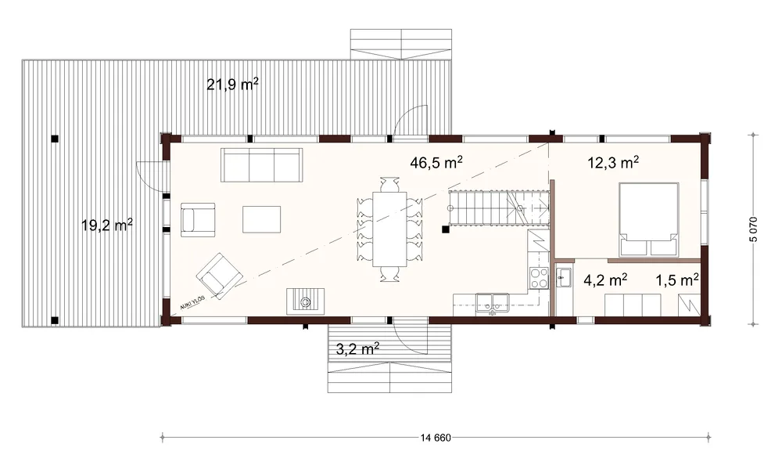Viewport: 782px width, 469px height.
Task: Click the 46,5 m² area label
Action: (436, 162)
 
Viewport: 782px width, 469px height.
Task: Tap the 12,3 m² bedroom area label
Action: (613, 162)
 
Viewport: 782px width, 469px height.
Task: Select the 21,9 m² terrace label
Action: (232, 85)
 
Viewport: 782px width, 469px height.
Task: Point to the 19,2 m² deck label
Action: (106, 225)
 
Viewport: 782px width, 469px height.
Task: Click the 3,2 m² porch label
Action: (357, 348)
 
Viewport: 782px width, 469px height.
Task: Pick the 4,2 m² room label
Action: (605, 280)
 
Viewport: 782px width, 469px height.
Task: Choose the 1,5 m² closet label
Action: (676, 280)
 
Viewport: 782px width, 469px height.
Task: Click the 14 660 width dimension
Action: (436, 438)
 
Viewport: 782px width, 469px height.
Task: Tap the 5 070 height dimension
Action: (753, 229)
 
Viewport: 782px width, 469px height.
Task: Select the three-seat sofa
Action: (262, 165)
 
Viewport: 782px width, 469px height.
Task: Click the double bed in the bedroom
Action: (649, 219)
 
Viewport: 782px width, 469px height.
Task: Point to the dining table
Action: (389, 229)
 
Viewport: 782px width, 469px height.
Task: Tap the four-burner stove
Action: (539, 278)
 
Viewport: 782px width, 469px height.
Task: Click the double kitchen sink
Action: (492, 302)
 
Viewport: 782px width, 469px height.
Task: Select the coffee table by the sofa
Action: (261, 219)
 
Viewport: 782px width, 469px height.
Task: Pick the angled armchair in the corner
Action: (219, 276)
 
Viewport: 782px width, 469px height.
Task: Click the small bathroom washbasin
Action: (565, 277)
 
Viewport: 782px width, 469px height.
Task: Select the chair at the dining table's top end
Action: (389, 184)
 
